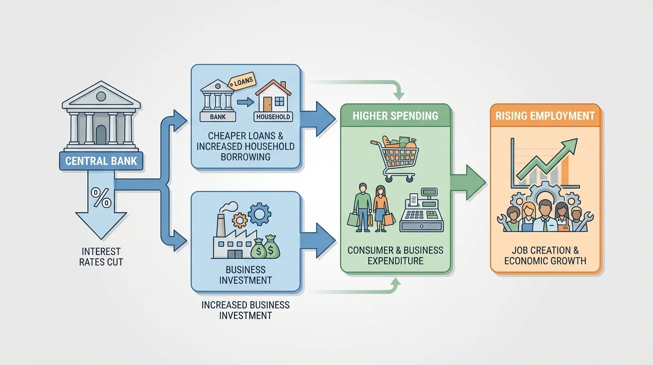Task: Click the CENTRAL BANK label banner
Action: coord(101,161)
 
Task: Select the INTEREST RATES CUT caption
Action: coord(101,256)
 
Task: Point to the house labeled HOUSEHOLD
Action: coord(273,100)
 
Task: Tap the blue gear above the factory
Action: coord(259,214)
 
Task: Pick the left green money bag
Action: coord(258,249)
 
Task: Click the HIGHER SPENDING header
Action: coord(395,116)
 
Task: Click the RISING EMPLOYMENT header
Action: coord(545,115)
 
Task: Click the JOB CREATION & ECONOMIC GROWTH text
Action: coord(545,255)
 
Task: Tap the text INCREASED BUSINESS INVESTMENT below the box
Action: coord(245,310)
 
